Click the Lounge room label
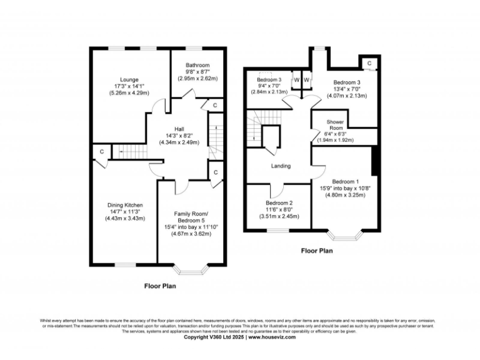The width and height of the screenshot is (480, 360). (129, 79)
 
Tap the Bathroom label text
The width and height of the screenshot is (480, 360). (197, 65)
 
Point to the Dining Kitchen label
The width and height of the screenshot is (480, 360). (125, 204)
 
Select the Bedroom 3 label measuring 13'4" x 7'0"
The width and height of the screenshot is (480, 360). (346, 82)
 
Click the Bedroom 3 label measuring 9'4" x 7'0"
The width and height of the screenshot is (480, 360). (269, 79)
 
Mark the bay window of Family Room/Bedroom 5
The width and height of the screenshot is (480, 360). (190, 269)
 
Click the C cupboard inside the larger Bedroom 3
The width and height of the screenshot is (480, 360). (369, 63)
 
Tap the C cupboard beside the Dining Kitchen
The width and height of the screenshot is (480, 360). (101, 151)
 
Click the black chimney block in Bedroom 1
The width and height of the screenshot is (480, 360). (375, 162)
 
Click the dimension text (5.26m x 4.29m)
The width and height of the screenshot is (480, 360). (129, 94)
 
